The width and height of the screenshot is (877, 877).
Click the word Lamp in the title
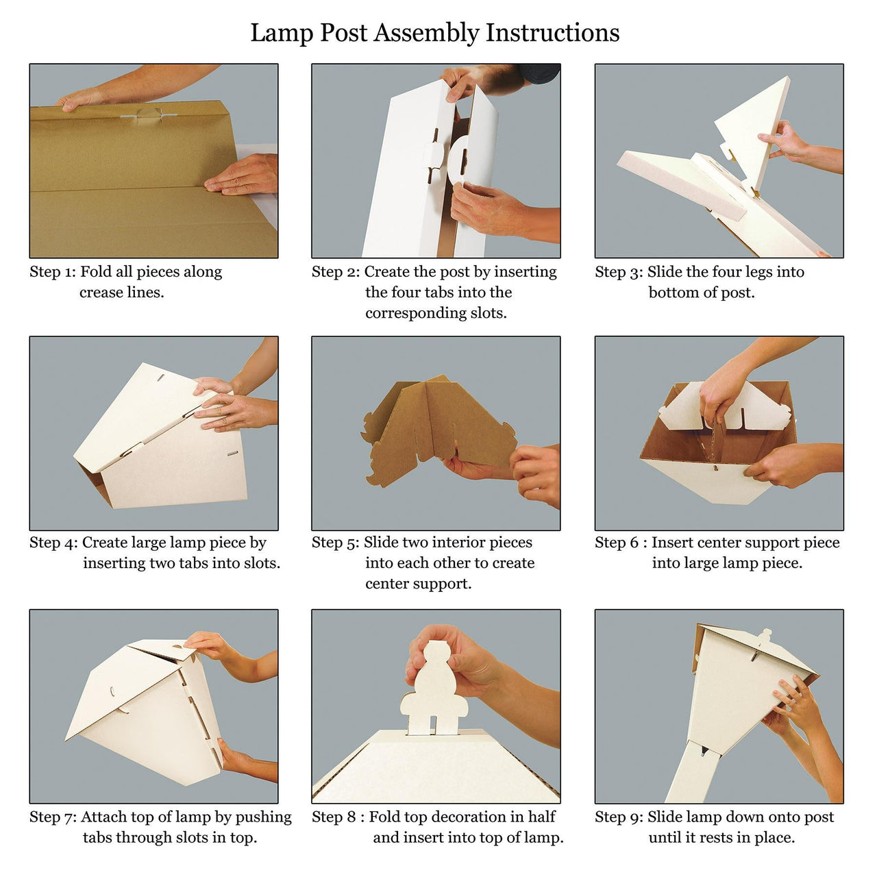282,33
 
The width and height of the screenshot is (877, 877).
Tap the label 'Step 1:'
52,272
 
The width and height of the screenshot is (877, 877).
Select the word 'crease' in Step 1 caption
101,293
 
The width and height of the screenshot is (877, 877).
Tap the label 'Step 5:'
336,543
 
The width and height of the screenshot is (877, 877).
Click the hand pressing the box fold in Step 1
240,175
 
